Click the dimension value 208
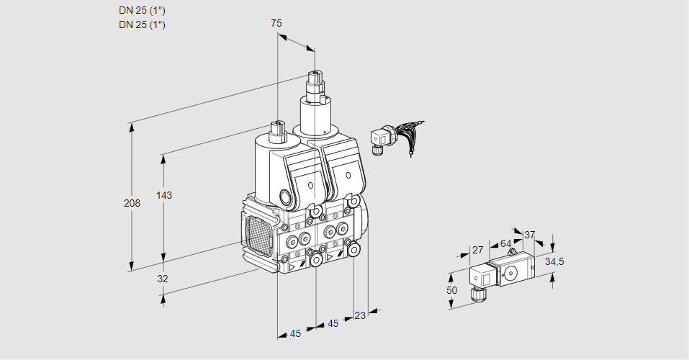(x=132, y=204)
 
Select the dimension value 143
(x=164, y=195)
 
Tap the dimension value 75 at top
(x=276, y=23)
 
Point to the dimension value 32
(x=163, y=279)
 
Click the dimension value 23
(x=360, y=315)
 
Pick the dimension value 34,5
(x=554, y=261)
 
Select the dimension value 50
(x=451, y=289)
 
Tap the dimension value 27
(x=477, y=250)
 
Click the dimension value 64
(x=505, y=243)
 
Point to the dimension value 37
(x=529, y=235)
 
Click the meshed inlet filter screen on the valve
(x=258, y=237)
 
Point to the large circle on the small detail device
(x=513, y=272)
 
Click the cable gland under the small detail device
(x=475, y=293)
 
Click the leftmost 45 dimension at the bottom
(x=295, y=333)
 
